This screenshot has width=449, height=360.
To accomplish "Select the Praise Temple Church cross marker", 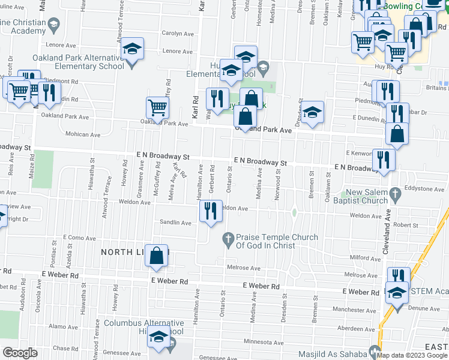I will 228,238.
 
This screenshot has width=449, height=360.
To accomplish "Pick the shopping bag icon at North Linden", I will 157,255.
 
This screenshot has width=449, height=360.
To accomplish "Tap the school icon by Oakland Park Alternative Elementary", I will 133,49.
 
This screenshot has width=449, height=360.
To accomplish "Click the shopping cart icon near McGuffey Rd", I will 158,108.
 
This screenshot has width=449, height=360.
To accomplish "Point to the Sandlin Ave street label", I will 175,223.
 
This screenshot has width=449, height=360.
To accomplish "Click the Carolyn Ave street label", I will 176,34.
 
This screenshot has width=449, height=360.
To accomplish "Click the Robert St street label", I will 406,226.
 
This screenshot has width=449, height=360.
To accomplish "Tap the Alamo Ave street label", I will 64,327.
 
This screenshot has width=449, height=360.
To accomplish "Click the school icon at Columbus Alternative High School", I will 158,339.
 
